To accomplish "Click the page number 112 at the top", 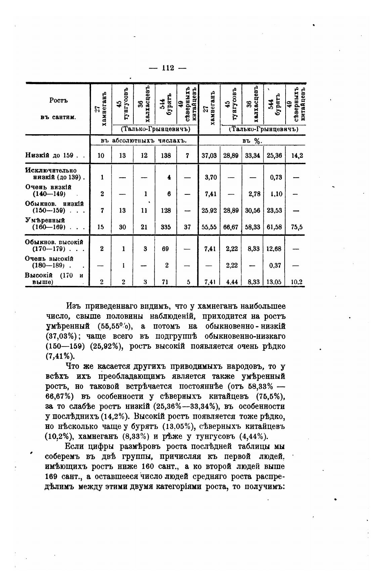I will click(167, 68).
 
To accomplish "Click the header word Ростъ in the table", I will click(58, 100).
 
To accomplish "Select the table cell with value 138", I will click(166, 155).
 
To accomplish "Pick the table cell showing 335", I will click(166, 227).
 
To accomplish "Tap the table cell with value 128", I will click(166, 211).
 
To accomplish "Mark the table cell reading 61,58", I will click(274, 227).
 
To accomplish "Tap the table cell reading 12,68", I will click(274, 249).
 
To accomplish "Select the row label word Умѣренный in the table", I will click(45, 220).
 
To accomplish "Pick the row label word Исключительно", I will click(51, 171).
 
